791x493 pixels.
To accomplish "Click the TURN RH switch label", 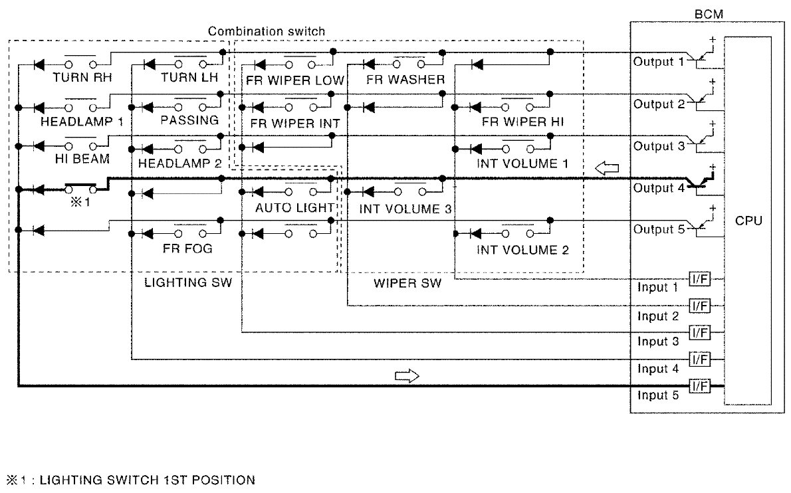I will pyautogui.click(x=82, y=77).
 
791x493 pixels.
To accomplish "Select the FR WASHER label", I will pyautogui.click(x=405, y=80).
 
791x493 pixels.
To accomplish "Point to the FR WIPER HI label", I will pyautogui.click(x=522, y=122).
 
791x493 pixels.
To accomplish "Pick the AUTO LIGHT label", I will pyautogui.click(x=294, y=207).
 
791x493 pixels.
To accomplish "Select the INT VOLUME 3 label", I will pyautogui.click(x=405, y=209).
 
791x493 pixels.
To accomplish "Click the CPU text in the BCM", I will pyautogui.click(x=748, y=220).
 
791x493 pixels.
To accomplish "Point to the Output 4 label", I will pyautogui.click(x=658, y=188).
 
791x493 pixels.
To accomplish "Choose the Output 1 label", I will pyautogui.click(x=658, y=62).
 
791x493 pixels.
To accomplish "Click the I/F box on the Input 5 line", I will pyautogui.click(x=700, y=386).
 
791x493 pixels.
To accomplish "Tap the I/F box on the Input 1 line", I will pyautogui.click(x=700, y=280).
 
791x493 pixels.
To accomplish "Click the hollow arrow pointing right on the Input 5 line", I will pyautogui.click(x=407, y=377).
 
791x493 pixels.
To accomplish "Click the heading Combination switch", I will pyautogui.click(x=267, y=31).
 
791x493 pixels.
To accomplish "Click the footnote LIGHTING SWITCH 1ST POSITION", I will pyautogui.click(x=147, y=480).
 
